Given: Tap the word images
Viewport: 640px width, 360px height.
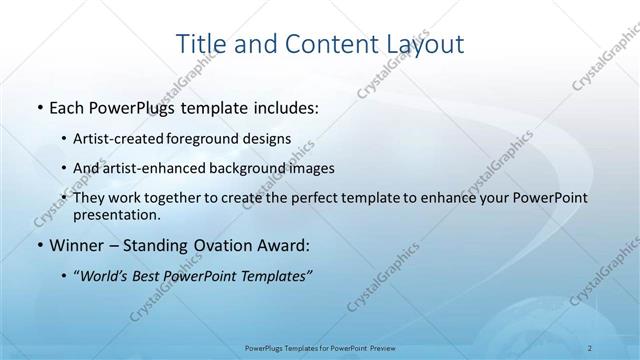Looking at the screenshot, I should [x=313, y=168].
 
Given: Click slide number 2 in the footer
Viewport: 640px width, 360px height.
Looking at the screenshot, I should [x=590, y=346].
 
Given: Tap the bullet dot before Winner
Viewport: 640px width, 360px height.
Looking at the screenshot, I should [x=38, y=245].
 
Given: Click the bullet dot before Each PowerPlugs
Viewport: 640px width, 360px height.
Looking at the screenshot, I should [x=38, y=107].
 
